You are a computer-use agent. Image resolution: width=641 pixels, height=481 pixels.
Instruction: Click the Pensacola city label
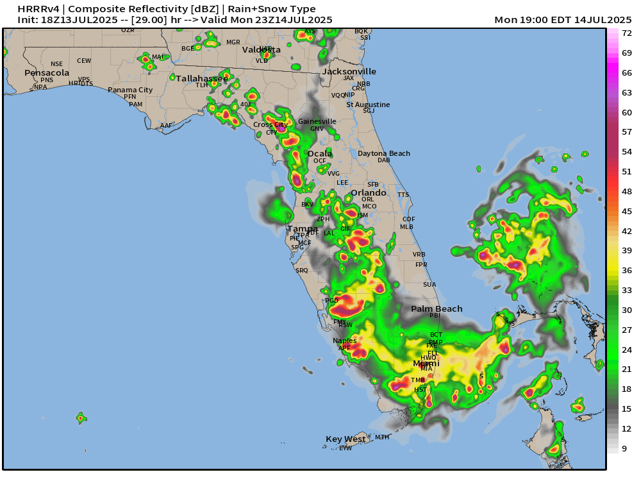[x=47, y=73]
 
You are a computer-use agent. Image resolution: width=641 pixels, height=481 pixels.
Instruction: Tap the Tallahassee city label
[x=202, y=78]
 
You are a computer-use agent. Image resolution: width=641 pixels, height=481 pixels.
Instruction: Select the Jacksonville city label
[x=349, y=72]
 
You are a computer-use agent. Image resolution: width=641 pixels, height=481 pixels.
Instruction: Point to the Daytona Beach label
[x=383, y=154]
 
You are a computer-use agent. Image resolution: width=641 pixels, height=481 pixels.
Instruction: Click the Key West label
[x=345, y=439]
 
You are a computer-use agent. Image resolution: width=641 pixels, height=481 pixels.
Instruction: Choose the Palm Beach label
[x=437, y=309]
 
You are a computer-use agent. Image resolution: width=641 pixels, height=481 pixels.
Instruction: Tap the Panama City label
[x=130, y=90]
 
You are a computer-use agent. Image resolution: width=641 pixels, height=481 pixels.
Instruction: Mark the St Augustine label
[x=368, y=105]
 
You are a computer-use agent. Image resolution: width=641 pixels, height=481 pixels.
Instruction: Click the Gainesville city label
[x=317, y=121]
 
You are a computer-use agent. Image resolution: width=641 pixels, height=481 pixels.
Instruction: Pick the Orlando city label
[x=369, y=192]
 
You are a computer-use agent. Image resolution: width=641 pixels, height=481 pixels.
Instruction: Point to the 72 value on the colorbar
[x=627, y=33]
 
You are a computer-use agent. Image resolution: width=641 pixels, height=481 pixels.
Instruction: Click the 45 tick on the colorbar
[x=627, y=212]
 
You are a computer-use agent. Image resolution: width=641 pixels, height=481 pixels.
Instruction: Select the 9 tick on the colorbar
[x=624, y=449]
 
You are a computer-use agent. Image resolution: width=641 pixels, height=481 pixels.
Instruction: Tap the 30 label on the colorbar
[x=627, y=310]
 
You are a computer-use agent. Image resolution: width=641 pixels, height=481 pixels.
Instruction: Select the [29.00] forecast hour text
[x=148, y=20]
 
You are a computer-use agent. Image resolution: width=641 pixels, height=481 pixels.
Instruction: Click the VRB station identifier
[x=419, y=255]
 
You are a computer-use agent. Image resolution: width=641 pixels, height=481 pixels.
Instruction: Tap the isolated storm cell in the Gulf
[x=81, y=418]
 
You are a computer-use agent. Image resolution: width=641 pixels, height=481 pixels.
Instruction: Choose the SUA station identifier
[x=429, y=285]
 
